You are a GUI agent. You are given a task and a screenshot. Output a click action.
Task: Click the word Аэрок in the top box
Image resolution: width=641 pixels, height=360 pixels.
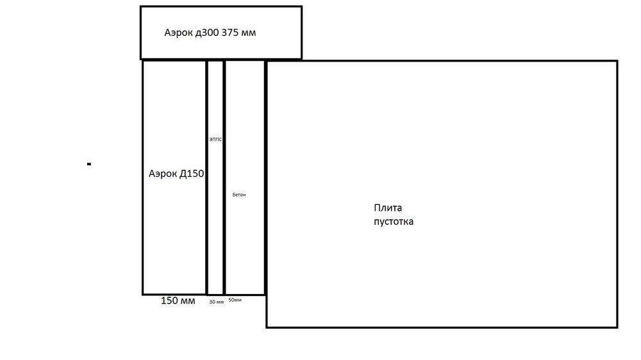179,32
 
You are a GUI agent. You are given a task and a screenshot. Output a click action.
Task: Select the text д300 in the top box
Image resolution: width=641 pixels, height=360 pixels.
208,32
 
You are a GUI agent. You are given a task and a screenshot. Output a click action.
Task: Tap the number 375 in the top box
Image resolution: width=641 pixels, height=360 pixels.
230,32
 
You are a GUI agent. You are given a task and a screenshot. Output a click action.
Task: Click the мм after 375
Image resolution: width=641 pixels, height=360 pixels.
249,32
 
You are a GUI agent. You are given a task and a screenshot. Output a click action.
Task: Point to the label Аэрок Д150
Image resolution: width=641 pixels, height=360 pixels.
176,173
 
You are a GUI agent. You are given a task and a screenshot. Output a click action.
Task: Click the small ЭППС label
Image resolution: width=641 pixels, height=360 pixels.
215,139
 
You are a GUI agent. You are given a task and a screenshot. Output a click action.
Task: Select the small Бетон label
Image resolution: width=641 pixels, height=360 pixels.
238,195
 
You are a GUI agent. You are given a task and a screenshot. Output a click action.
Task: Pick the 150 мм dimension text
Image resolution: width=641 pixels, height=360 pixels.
178,301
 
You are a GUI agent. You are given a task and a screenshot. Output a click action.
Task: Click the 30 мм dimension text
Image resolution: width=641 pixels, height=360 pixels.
216,302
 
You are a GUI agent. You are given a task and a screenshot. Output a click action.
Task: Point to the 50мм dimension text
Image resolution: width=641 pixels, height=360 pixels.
235,300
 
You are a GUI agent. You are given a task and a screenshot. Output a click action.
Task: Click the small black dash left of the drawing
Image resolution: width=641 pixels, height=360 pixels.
89,165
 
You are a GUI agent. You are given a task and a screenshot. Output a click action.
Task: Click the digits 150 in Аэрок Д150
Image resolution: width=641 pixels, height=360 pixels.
195,173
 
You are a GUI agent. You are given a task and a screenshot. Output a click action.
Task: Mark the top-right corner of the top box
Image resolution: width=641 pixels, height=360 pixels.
301,7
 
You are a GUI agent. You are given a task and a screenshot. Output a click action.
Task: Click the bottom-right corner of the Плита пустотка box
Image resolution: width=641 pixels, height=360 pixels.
617,327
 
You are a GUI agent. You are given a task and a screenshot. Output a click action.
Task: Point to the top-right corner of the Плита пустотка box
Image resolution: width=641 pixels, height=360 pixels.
617,61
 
